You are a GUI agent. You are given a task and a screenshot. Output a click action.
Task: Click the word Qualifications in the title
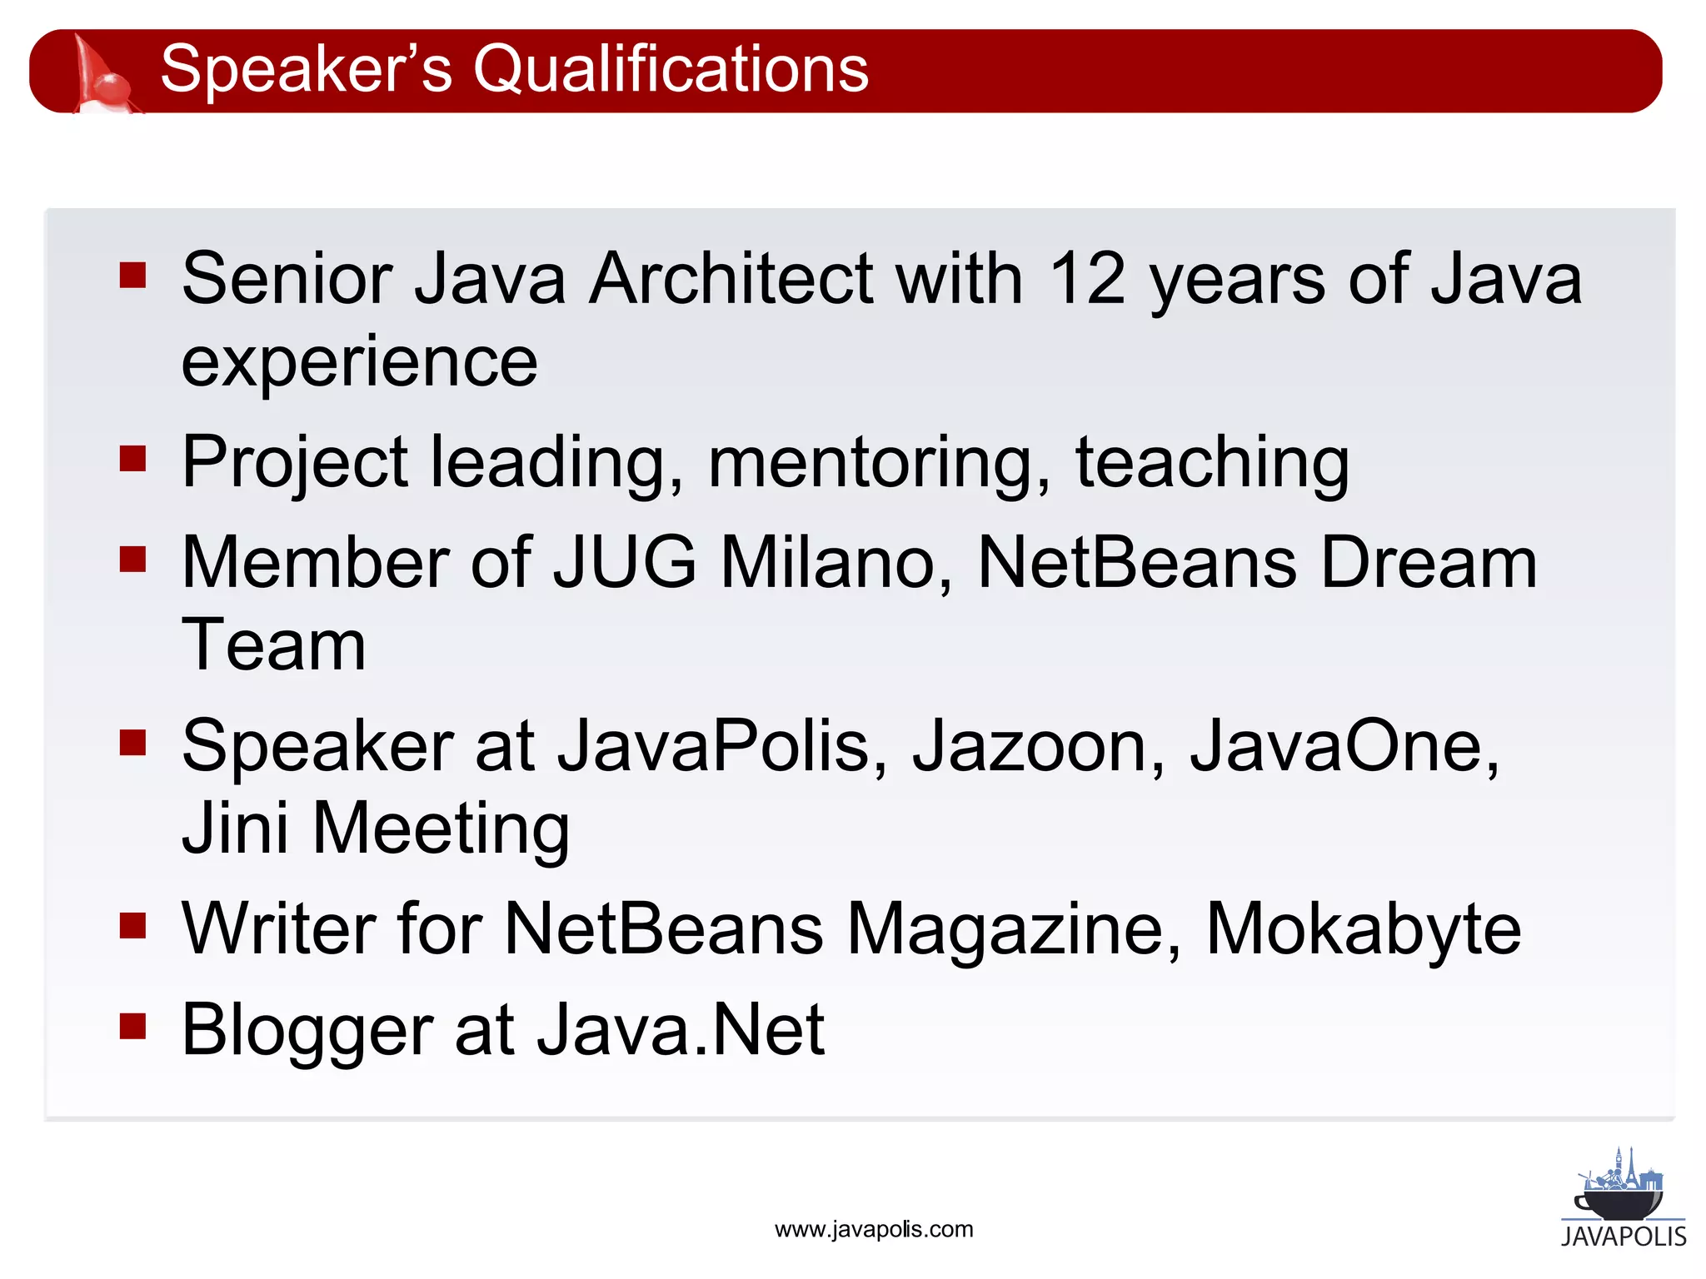tap(671, 69)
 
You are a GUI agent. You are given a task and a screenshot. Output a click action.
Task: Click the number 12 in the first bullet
tap(1086, 279)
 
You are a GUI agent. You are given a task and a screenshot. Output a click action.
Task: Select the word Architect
tap(731, 279)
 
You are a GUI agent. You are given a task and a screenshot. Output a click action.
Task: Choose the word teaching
tap(1212, 463)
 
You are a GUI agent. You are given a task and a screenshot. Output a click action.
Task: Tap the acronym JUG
tap(625, 563)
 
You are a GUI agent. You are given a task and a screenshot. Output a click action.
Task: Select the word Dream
tap(1429, 563)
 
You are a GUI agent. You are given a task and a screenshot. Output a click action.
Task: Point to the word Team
tap(273, 646)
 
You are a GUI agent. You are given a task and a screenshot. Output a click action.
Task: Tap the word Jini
tap(235, 829)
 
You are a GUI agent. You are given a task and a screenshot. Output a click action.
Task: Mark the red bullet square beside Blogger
tap(132, 1026)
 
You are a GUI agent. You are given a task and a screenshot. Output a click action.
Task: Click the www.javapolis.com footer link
tap(873, 1230)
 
